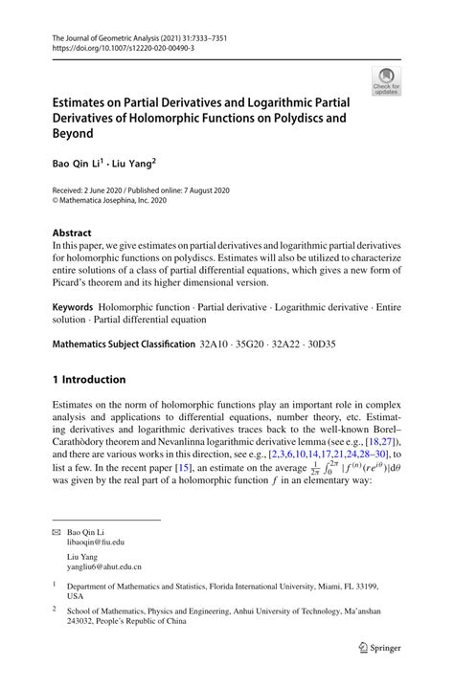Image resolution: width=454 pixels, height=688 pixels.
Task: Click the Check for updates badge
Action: pyautogui.click(x=386, y=79)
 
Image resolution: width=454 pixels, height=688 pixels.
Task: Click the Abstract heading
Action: pyautogui.click(x=72, y=233)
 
